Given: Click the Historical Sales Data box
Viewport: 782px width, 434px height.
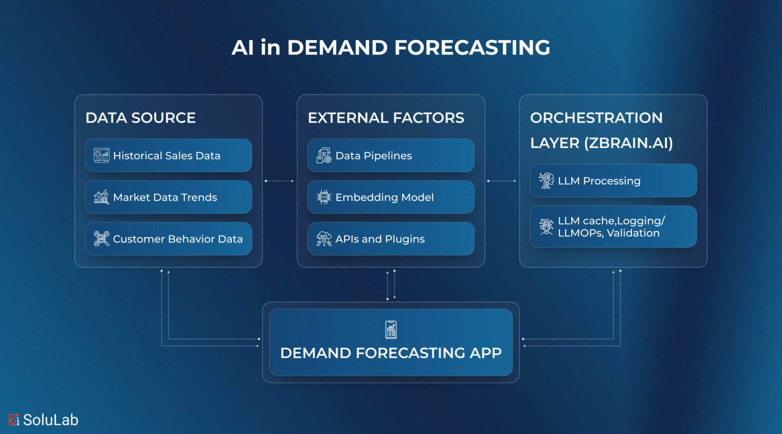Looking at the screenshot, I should pos(168,156).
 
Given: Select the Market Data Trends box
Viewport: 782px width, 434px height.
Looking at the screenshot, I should pos(168,197).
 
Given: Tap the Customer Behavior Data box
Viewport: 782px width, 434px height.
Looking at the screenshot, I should pos(168,239).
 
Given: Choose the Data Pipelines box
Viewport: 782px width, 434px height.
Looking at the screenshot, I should pos(390,156).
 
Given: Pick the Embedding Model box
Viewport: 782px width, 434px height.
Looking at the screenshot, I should pos(390,197).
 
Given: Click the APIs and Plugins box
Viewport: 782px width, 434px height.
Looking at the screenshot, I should pos(390,239).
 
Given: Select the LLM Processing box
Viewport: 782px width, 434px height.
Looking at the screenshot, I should pos(613,181).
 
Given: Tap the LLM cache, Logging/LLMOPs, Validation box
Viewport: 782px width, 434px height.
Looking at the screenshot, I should pos(613,227).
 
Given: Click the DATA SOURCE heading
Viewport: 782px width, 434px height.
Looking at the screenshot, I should pos(141,118).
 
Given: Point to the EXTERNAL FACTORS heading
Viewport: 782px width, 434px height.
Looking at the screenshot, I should pos(386,118).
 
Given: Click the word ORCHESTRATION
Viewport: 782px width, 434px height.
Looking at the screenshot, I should pos(596,118).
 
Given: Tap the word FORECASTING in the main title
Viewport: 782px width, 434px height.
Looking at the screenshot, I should pos(472,48).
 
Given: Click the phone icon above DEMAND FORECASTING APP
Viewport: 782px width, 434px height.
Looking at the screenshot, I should pos(391,330).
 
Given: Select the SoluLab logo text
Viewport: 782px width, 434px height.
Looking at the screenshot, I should pos(50,420).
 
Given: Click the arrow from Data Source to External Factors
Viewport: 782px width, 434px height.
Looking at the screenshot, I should pos(280,181).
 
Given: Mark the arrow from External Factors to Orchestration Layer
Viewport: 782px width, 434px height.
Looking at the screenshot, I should pos(502,181).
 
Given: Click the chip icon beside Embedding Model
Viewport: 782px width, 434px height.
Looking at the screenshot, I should pos(324,197).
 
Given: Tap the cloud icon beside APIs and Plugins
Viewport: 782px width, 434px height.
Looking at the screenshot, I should pos(324,239).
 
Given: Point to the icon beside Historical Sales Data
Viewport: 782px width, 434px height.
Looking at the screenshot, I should pos(101,156).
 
